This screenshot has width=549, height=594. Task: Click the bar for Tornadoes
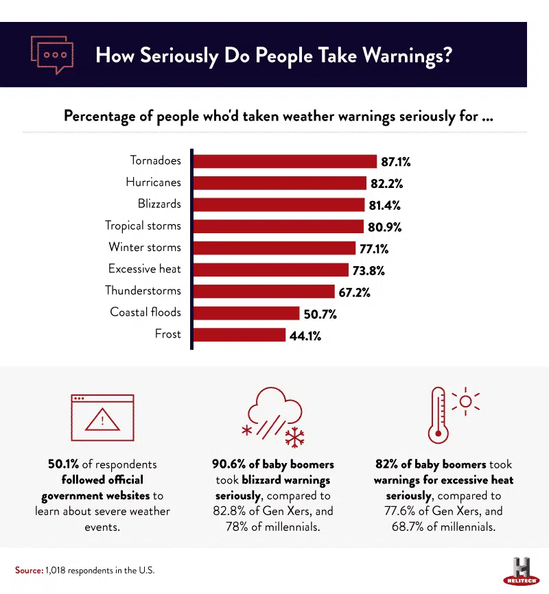pos(285,161)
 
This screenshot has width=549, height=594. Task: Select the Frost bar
pos(239,335)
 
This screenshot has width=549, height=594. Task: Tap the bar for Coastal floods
pos(246,313)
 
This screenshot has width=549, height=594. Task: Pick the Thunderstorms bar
pos(264,292)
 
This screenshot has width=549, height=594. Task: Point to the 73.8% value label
pos(369,270)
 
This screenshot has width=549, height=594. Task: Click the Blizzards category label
pos(159,204)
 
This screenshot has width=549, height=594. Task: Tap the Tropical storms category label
pos(143,226)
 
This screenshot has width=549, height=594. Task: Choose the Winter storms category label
pos(145,248)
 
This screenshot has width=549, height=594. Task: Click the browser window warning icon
pos(102,417)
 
